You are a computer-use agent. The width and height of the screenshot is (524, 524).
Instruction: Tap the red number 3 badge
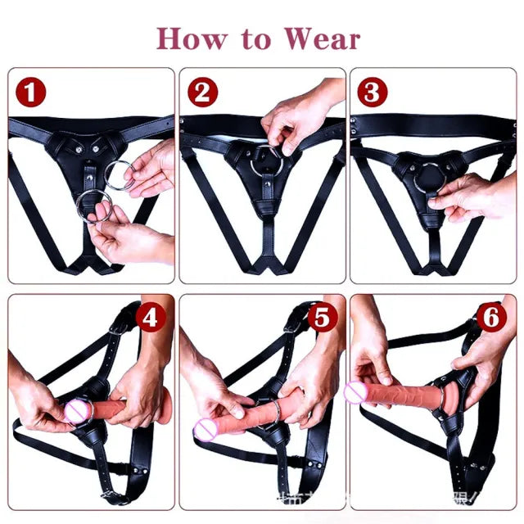click(371, 93)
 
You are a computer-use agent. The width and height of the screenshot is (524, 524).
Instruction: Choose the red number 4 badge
click(148, 318)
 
